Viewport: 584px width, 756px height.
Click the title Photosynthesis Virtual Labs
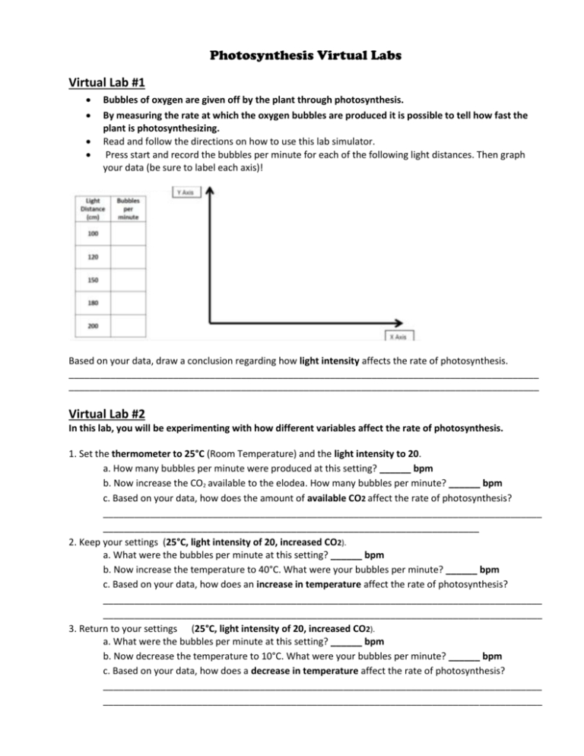pos(291,56)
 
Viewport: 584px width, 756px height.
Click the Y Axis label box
pos(184,193)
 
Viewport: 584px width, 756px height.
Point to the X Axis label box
pos(398,336)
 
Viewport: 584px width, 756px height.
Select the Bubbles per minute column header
pos(128,208)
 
